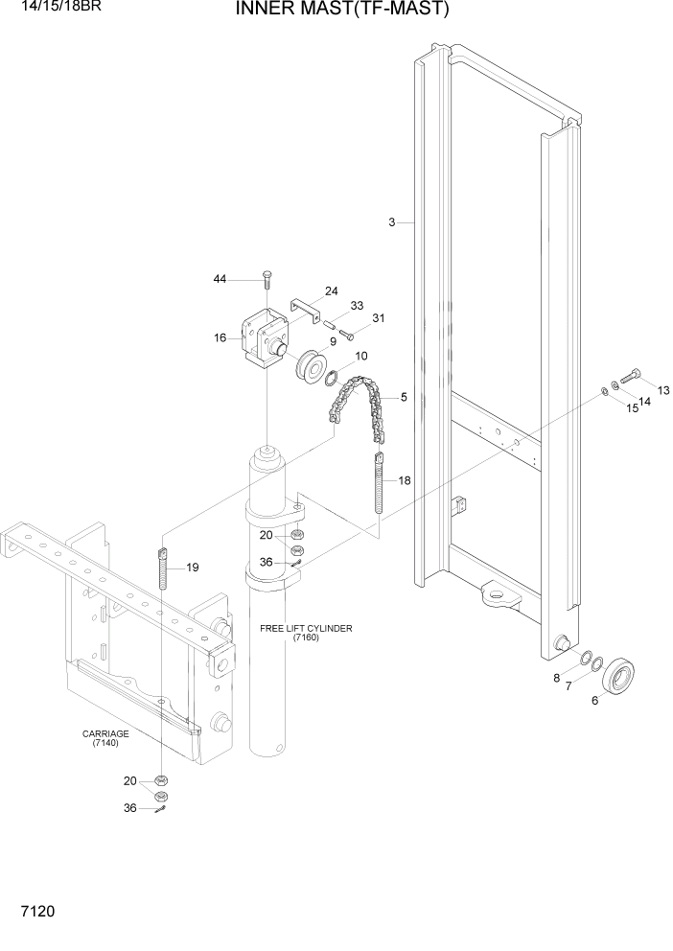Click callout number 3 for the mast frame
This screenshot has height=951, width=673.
click(391, 222)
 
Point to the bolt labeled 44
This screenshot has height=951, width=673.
click(267, 279)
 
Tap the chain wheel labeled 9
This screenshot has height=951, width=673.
click(311, 368)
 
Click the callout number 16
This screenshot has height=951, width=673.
click(220, 337)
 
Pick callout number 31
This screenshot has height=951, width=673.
click(378, 319)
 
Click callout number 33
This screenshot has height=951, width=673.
click(357, 306)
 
